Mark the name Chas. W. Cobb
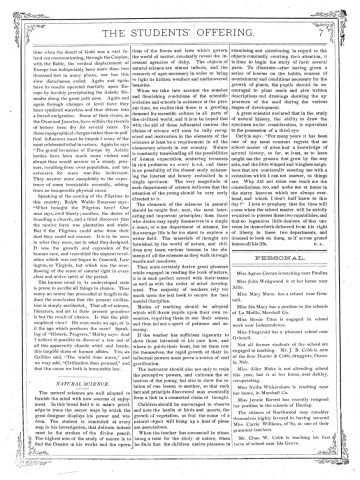pyautogui.click(x=283, y=438)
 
